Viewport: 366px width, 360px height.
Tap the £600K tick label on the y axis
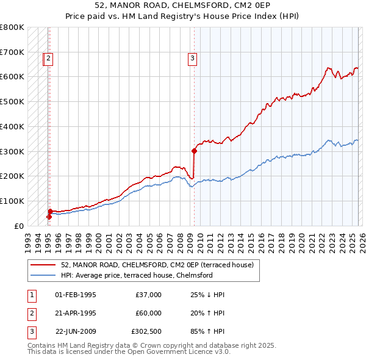click(12, 77)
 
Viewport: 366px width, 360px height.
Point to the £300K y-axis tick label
click(12, 151)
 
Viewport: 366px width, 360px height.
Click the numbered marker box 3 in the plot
click(192, 59)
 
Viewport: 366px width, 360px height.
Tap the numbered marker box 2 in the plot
click(48, 59)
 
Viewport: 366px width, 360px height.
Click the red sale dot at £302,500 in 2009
click(194, 150)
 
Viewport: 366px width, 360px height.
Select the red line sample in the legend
click(43, 265)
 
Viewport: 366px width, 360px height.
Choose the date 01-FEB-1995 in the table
click(75, 295)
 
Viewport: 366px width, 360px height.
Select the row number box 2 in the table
click(30, 313)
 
